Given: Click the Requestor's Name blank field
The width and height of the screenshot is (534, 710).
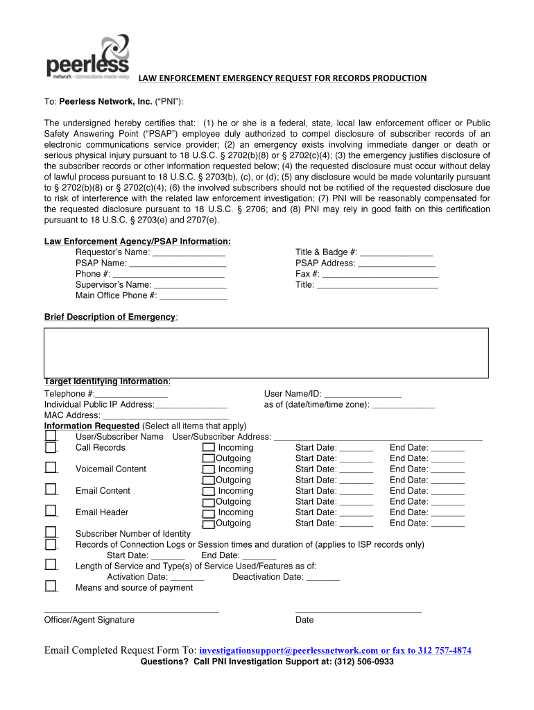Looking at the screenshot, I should pos(189,253).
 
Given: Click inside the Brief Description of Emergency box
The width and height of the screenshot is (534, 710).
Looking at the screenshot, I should pos(266,352).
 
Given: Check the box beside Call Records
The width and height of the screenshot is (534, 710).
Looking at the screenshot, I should pos(51,447).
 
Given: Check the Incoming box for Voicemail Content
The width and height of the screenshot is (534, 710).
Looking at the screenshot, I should pos(208,469).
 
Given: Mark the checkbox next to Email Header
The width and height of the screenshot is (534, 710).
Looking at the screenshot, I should pos(51,511).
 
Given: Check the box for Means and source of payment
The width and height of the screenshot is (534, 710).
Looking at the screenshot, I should pos(51,586).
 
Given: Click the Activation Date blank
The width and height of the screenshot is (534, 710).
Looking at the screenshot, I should pos(187,578).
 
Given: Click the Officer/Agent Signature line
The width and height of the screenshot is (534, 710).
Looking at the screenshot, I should pos(132,609).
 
